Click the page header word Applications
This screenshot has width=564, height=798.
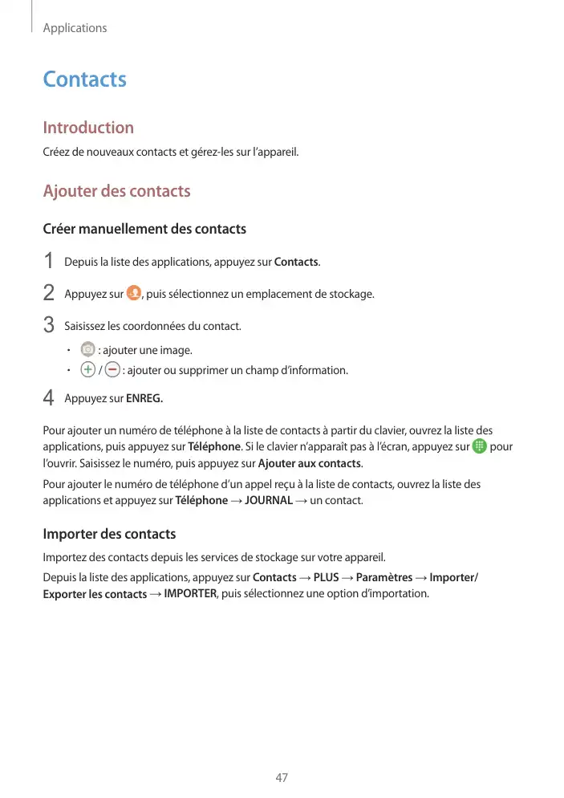(75, 28)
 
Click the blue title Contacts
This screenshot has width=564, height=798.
(84, 79)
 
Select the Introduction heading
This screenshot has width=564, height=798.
(88, 128)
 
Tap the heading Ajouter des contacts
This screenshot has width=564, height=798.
(116, 191)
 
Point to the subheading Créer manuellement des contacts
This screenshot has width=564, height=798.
(144, 230)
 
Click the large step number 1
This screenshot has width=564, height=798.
(48, 262)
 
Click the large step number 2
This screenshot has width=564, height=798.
(48, 294)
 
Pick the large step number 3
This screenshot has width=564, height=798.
(48, 326)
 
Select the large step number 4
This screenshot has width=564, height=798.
(48, 398)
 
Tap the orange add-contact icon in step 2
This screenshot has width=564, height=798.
(134, 293)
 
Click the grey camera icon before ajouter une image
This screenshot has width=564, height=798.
(87, 350)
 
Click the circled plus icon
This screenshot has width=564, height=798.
(87, 370)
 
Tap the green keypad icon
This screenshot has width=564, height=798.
(479, 446)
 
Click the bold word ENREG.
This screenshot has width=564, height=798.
(145, 398)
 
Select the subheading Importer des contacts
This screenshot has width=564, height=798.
(109, 535)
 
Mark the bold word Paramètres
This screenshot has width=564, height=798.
(384, 577)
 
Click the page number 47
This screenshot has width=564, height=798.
(282, 778)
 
